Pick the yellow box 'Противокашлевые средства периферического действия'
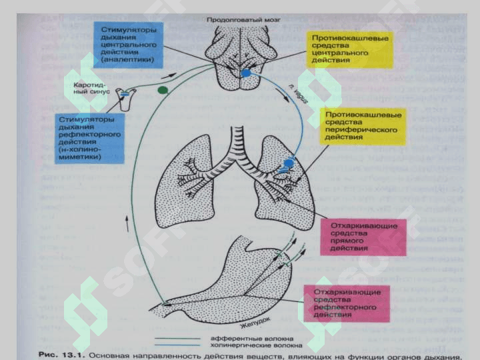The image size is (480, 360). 363,125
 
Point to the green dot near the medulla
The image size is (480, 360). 161,89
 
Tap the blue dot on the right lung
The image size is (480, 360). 289,163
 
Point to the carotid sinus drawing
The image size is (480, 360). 125,97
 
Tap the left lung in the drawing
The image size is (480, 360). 190,180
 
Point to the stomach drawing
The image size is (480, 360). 233,280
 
